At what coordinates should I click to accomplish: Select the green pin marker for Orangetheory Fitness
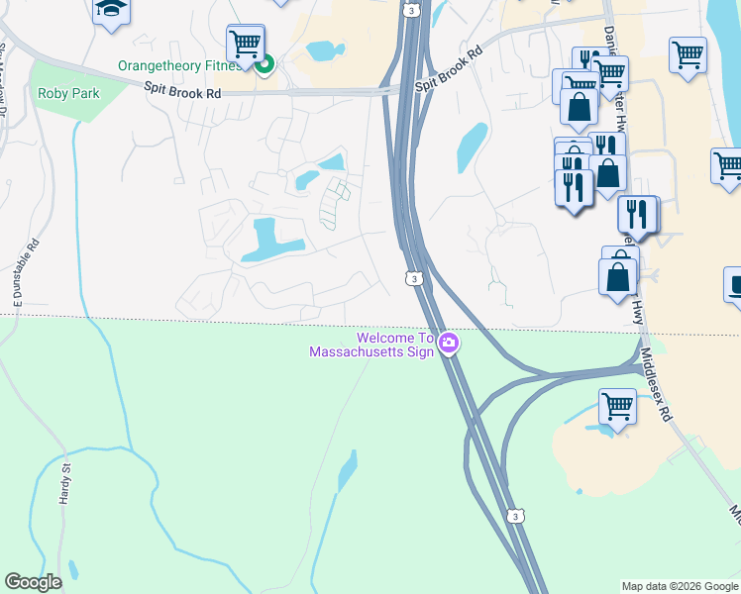tap(265, 66)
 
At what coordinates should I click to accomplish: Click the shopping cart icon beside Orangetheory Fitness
tap(245, 44)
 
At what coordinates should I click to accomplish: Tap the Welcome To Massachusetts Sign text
tap(371, 345)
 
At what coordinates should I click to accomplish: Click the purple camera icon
tap(449, 344)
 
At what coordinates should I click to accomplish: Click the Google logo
tap(33, 582)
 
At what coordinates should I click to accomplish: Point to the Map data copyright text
tap(680, 586)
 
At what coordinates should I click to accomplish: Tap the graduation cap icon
tap(111, 10)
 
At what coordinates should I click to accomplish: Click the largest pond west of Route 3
tap(267, 241)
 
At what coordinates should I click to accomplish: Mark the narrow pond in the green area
tap(347, 471)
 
